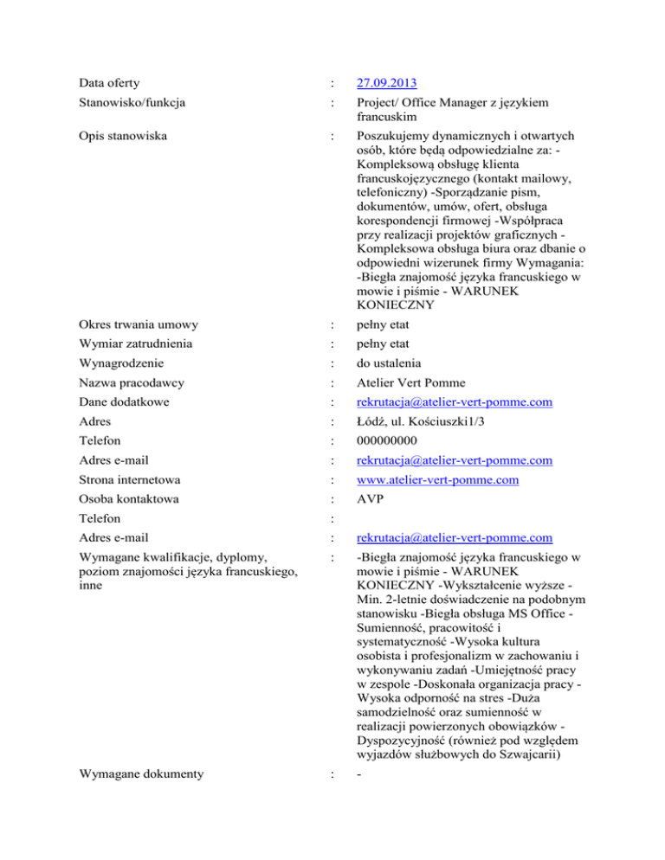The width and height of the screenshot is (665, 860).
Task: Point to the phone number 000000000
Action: (x=381, y=441)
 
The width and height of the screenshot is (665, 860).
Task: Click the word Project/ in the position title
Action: (x=367, y=104)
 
